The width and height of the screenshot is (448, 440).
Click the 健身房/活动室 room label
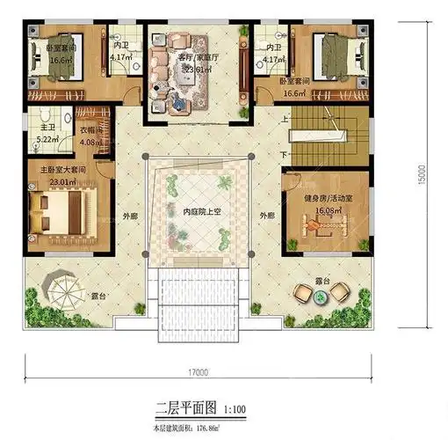[x=327, y=199]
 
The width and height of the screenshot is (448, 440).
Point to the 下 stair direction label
[x=282, y=155]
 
